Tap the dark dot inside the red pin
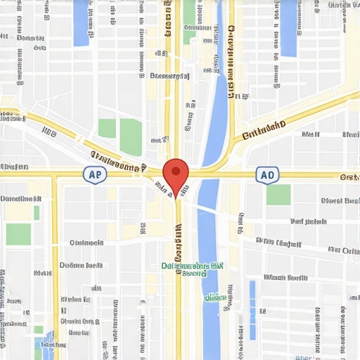[x=176, y=170]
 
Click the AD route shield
[x=266, y=175]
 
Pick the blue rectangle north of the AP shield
[x=82, y=22]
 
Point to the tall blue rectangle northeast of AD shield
[x=288, y=28]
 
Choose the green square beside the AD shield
[x=278, y=195]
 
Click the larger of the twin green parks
[x=131, y=136]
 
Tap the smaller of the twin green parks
[x=107, y=129]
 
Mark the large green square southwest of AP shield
[x=18, y=233]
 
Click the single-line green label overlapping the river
[x=215, y=297]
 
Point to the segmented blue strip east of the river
[x=252, y=310]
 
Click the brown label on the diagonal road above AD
[x=264, y=131]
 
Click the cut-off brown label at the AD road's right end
[x=349, y=177]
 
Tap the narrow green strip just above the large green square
[x=37, y=212]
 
